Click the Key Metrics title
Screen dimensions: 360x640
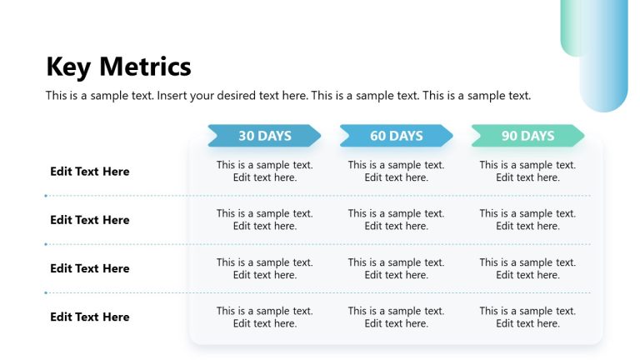(x=118, y=67)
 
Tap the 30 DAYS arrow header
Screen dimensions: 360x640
(x=264, y=136)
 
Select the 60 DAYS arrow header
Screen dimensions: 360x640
(x=396, y=136)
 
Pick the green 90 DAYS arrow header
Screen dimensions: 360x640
(x=527, y=136)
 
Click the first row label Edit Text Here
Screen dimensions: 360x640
(x=90, y=172)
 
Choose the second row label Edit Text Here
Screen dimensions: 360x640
(x=90, y=220)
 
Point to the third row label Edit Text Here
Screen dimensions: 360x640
(x=90, y=268)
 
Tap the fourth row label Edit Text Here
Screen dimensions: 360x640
(x=90, y=317)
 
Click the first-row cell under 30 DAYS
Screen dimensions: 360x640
(x=265, y=171)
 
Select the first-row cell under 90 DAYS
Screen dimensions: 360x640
(x=527, y=171)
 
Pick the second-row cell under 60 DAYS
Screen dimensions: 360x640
(x=396, y=219)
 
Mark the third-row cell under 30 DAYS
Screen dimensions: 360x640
(x=265, y=268)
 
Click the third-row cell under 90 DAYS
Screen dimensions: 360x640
(x=527, y=268)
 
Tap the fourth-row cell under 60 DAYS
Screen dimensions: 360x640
(x=396, y=317)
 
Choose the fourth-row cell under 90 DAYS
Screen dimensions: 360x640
(x=527, y=317)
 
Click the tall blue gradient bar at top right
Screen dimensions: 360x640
(x=604, y=58)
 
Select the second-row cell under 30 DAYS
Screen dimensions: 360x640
(x=265, y=219)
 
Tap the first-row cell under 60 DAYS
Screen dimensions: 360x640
(x=396, y=171)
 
